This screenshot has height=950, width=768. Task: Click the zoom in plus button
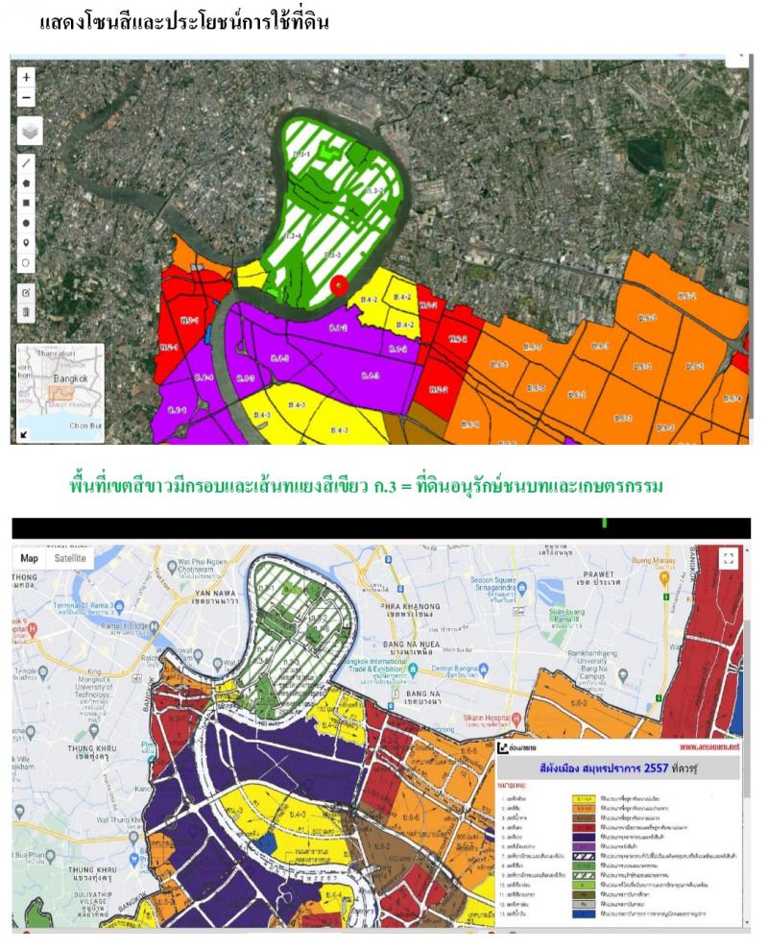[x=27, y=77]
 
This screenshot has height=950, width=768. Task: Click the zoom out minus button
[x=27, y=97]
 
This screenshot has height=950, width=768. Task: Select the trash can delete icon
[x=27, y=312]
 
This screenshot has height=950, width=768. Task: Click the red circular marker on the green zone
[x=337, y=284]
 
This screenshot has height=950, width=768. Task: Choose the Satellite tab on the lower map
[x=69, y=558]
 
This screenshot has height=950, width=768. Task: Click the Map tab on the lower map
[x=30, y=558]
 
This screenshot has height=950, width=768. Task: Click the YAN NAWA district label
[x=213, y=594]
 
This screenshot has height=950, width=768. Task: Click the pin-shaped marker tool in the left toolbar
[x=27, y=242]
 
